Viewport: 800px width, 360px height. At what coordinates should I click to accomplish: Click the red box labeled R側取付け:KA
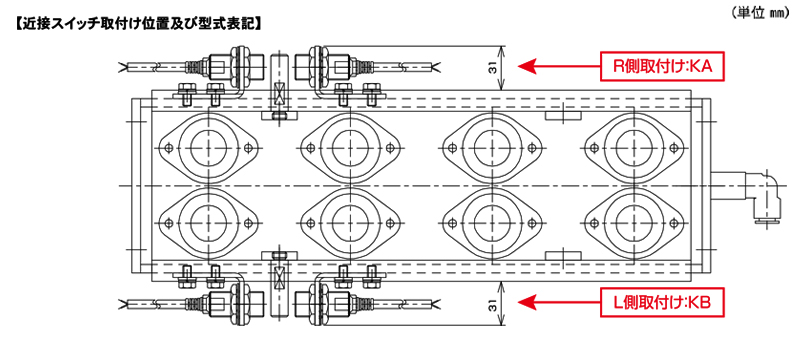(x=663, y=66)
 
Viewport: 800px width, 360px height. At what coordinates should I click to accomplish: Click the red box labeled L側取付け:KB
(x=663, y=302)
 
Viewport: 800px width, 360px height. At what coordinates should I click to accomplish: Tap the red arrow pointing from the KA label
(x=559, y=66)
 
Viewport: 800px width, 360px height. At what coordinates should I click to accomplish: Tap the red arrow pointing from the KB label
(x=559, y=302)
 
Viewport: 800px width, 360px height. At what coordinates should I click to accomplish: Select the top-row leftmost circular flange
(x=209, y=148)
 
